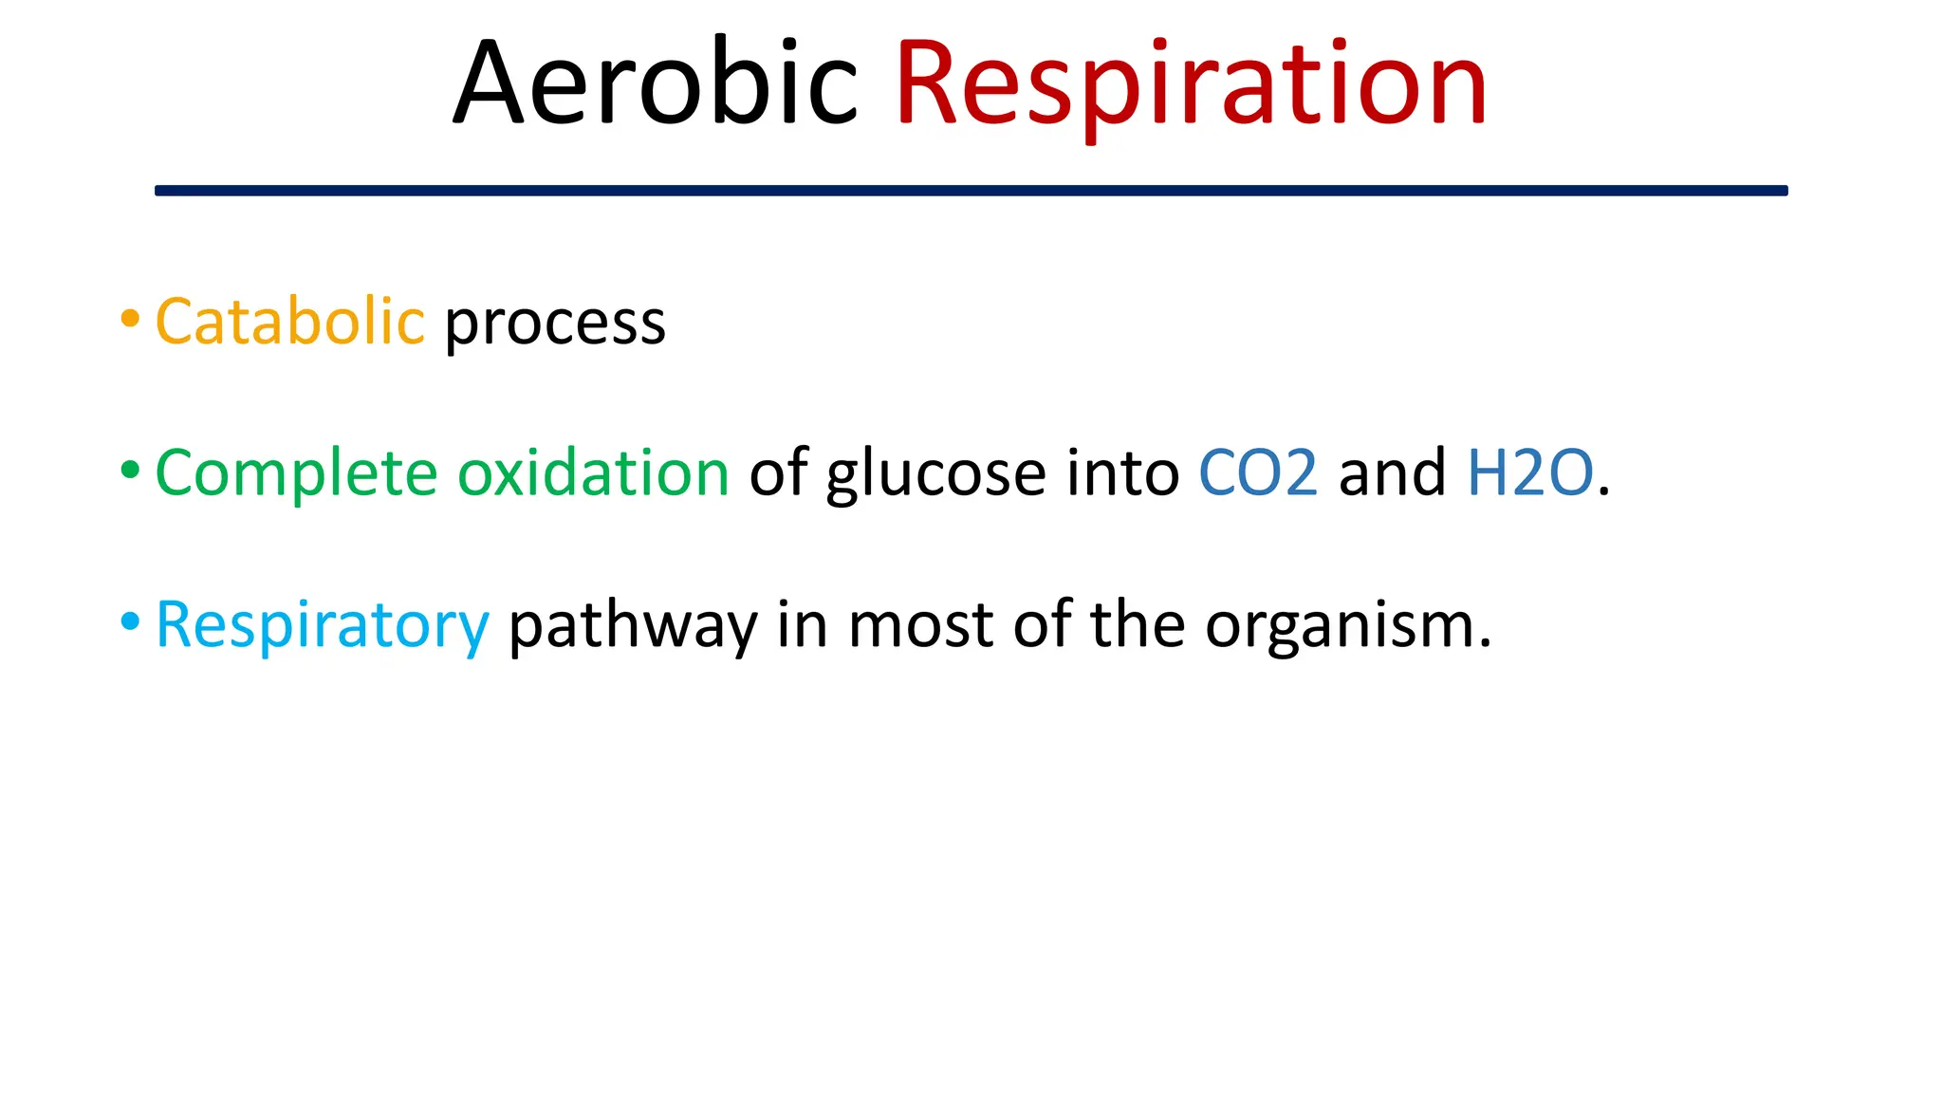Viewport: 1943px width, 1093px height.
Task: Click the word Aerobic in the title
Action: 655,83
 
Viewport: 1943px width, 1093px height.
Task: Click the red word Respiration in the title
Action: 1191,85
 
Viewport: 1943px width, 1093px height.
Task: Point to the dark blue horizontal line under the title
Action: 971,191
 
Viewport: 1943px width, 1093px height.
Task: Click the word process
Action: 555,324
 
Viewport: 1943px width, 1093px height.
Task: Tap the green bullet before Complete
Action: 130,470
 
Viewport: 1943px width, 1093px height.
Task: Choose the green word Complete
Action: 296,473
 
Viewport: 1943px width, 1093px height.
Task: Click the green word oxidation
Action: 593,472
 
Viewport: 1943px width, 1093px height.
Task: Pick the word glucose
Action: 935,474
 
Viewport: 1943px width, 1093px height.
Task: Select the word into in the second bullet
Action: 1122,472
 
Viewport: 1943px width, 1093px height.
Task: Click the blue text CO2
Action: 1258,472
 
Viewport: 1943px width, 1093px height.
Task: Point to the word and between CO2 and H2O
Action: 1392,472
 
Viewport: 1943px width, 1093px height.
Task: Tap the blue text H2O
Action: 1529,472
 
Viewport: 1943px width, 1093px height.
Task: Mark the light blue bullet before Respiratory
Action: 130,621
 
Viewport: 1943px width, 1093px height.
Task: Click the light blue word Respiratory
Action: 322,626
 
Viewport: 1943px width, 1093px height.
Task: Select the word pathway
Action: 633,626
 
